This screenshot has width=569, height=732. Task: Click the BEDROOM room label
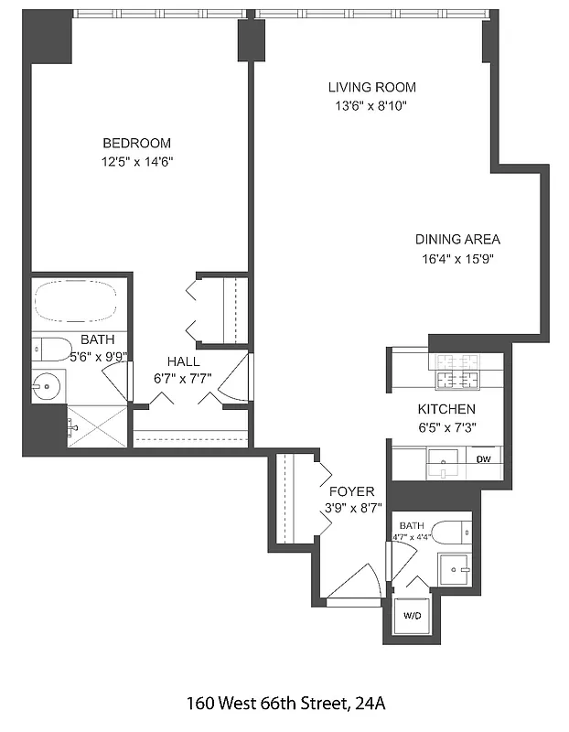tap(136, 143)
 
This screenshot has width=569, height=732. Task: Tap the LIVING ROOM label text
tap(372, 88)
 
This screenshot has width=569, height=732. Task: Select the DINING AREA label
tap(457, 240)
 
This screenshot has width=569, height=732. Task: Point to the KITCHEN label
tap(446, 410)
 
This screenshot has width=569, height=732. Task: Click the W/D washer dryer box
tap(413, 615)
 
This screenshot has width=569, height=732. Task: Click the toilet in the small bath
tap(451, 531)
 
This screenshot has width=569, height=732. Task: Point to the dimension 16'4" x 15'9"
tap(457, 258)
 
